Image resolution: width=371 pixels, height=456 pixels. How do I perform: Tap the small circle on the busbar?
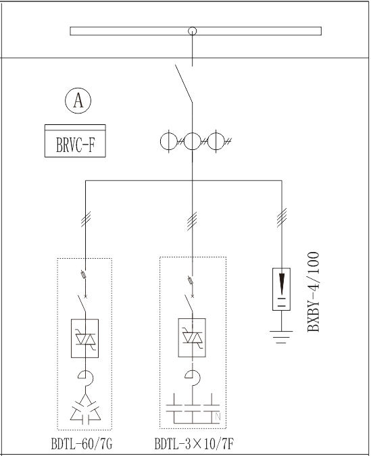click(192, 31)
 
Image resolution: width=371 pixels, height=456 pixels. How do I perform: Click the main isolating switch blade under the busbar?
click(184, 84)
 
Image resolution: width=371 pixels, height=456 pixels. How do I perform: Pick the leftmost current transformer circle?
click(169, 141)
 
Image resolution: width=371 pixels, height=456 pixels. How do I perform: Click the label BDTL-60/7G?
click(82, 444)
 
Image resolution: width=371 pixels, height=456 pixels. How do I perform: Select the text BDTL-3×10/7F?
click(194, 444)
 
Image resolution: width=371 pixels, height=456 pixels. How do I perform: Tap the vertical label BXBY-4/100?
click(313, 292)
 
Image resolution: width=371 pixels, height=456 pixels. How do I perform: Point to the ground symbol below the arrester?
click(281, 337)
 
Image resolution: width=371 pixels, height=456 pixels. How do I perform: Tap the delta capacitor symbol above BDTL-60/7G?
click(85, 409)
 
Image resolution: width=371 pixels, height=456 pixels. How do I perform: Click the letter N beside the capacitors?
click(218, 417)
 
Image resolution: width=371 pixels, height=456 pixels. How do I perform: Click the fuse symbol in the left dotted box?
click(83, 274)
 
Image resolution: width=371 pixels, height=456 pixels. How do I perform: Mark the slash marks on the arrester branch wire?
click(282, 218)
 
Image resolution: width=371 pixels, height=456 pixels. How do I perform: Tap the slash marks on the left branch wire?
click(86, 219)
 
